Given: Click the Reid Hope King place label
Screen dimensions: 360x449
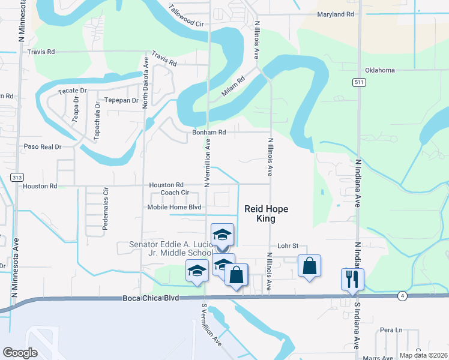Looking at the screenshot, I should coord(267,214).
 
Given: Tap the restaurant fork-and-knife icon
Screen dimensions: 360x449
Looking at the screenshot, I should coord(352,279).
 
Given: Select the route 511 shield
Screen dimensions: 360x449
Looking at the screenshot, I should coord(358,82).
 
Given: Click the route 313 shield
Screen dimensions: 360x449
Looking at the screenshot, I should coord(17,176).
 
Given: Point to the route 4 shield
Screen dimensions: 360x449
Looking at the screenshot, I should coord(402,296).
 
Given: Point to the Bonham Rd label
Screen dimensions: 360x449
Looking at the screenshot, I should coord(208,133).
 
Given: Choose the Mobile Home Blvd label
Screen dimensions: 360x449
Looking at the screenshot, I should coord(174,208).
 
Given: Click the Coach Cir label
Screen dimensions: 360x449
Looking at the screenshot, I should coord(175,193).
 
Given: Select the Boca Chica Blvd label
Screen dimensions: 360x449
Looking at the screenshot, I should coord(151,298).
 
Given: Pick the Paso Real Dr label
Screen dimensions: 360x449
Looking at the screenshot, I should coord(43,146).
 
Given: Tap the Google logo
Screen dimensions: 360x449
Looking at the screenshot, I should coord(20,353).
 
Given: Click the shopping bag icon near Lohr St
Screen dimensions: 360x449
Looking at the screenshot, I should coord(309,266).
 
